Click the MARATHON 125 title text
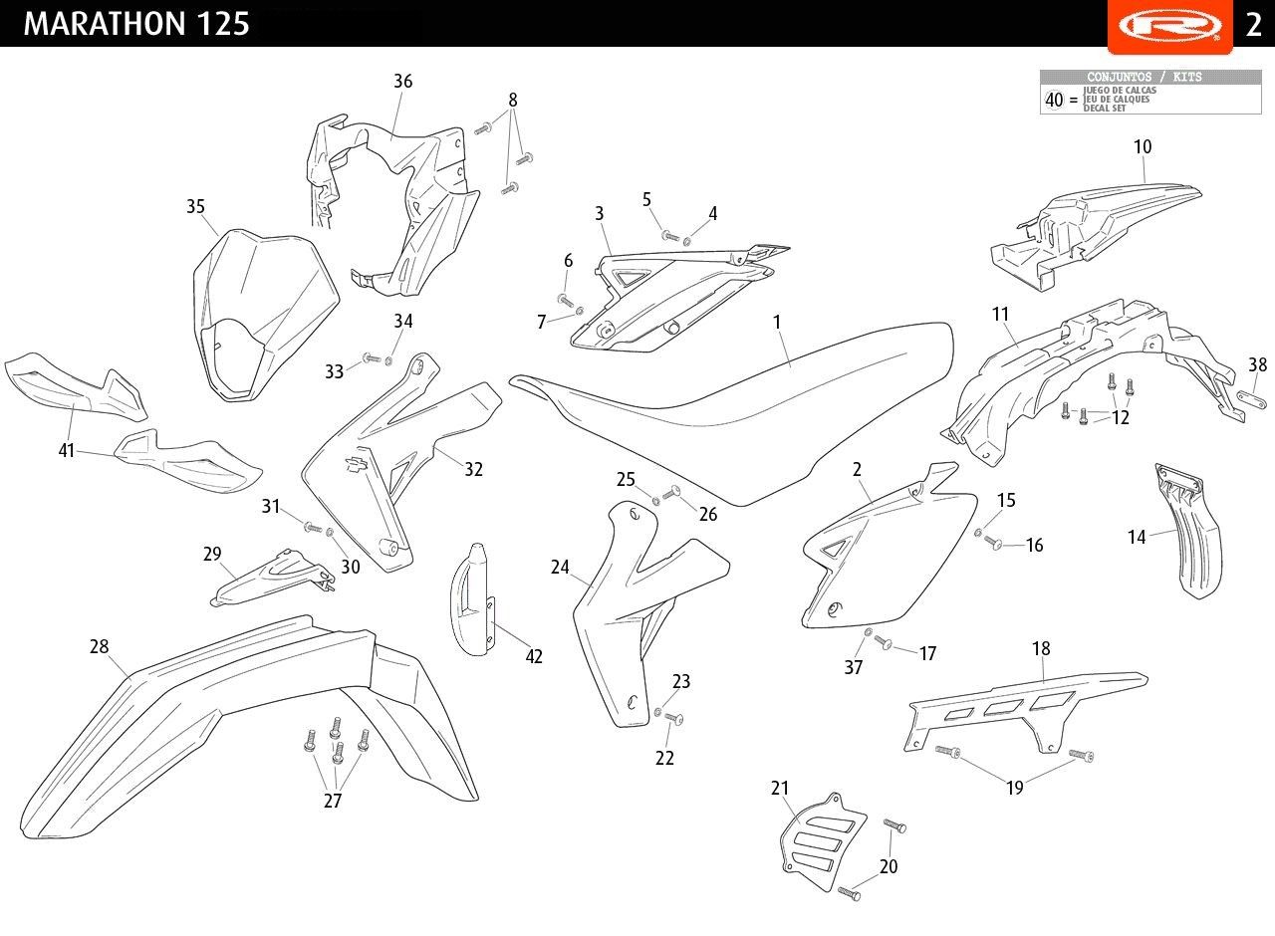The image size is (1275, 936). [x=136, y=24]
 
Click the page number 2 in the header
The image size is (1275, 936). [x=1253, y=25]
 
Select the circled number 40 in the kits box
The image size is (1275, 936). [x=1054, y=100]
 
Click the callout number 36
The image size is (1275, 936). [x=402, y=82]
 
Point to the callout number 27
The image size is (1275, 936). [x=333, y=801]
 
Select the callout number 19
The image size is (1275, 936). [x=1014, y=789]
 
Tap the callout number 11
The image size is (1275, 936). [x=1000, y=315]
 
